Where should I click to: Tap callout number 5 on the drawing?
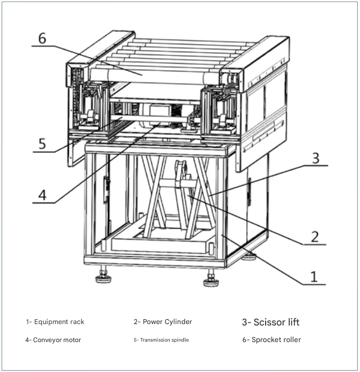pyautogui.click(x=42, y=143)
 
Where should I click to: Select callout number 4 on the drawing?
pyautogui.click(x=42, y=195)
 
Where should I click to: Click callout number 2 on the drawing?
pyautogui.click(x=315, y=236)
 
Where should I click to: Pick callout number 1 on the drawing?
pyautogui.click(x=314, y=276)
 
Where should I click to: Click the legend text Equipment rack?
pyautogui.click(x=55, y=322)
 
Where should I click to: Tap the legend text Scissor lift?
pyautogui.click(x=271, y=322)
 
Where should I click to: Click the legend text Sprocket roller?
pyautogui.click(x=271, y=340)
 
